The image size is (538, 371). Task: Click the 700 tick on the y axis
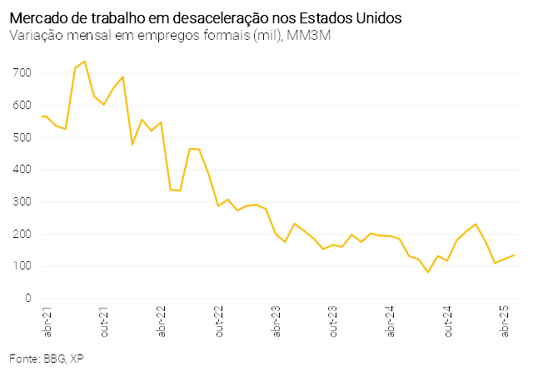(x=22, y=73)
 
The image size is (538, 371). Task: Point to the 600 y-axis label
(x=22, y=106)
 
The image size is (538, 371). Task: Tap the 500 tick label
(x=22, y=137)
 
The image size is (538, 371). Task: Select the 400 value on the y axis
(x=22, y=170)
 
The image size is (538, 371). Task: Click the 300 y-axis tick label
(x=22, y=202)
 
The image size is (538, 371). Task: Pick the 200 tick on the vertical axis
(x=22, y=235)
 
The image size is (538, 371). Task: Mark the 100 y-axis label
(x=22, y=266)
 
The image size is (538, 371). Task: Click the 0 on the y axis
(x=27, y=299)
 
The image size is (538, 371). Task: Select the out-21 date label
(x=103, y=321)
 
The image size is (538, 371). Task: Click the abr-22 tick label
(x=161, y=321)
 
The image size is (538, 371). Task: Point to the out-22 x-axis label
(x=218, y=321)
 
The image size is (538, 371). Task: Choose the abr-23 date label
(x=276, y=321)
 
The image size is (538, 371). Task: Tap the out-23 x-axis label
(x=333, y=321)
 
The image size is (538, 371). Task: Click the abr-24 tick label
(x=391, y=321)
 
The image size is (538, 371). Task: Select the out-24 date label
(x=448, y=321)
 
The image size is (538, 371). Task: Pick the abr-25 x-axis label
(x=505, y=321)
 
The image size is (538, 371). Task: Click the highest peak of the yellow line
(x=85, y=61)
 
